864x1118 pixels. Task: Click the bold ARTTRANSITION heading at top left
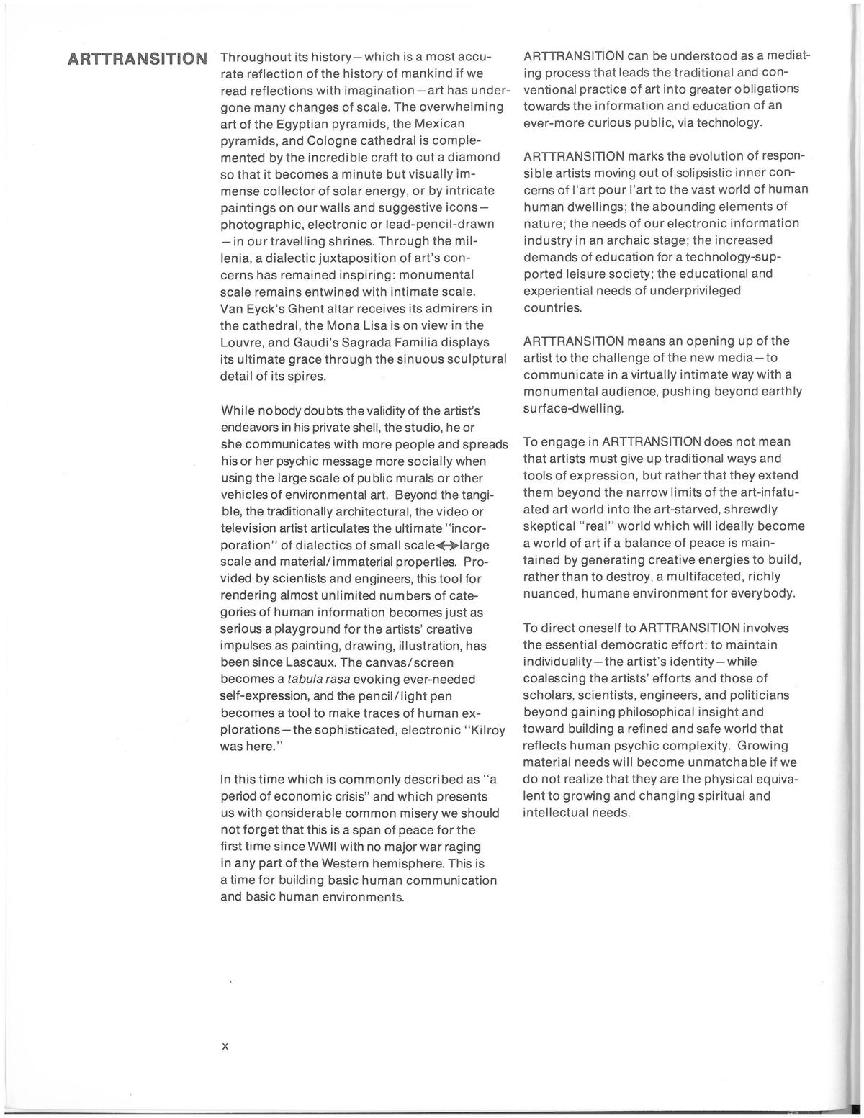(x=137, y=58)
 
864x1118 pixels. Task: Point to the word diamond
(x=477, y=157)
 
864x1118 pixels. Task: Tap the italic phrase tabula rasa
(x=313, y=680)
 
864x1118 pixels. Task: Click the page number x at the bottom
(x=225, y=1046)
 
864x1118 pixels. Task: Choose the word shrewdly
(x=750, y=509)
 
